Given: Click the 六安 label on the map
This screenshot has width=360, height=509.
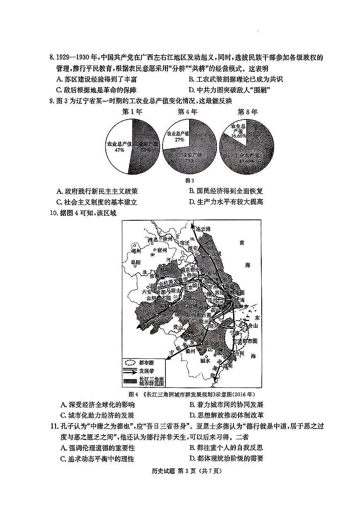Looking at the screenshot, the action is tap(147, 292).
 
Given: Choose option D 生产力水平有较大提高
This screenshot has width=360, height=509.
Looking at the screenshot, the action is tap(226, 202).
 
